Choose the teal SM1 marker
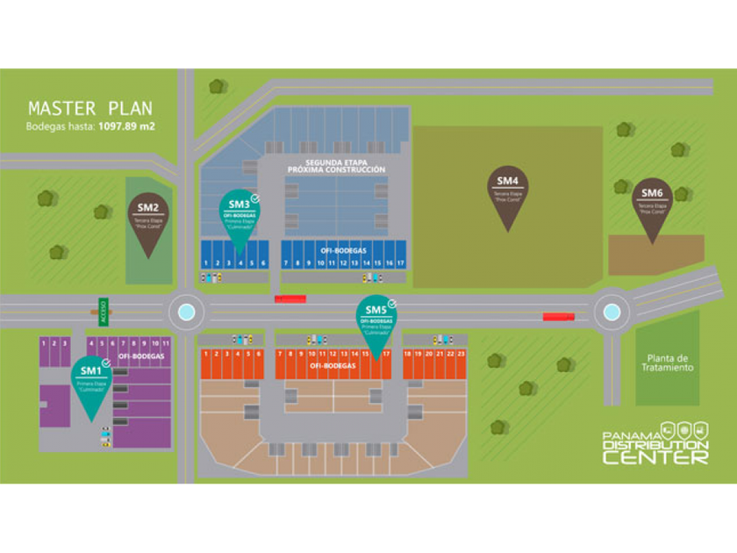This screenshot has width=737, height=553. (x=92, y=384)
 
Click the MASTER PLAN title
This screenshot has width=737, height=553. (x=90, y=109)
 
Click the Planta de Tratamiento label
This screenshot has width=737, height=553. (x=669, y=363)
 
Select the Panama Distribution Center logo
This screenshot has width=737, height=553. (x=656, y=443)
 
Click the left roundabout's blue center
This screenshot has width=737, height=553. (x=186, y=312)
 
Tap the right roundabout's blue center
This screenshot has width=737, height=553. (x=612, y=312)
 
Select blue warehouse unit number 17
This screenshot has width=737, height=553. (x=400, y=262)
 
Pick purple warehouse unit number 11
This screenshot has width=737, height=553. (x=165, y=343)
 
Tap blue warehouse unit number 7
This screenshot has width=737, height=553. (x=286, y=262)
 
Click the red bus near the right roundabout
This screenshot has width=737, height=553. (x=558, y=317)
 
